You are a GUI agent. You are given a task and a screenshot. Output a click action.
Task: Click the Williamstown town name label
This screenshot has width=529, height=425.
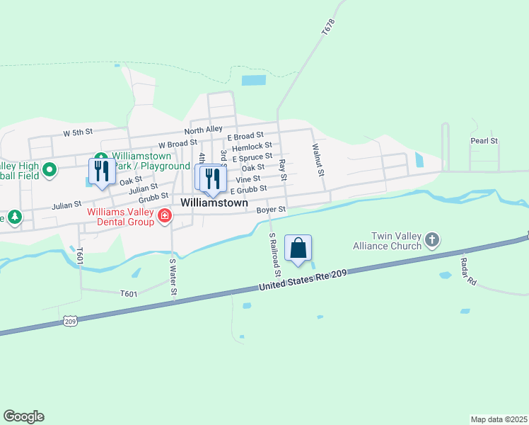pyautogui.click(x=214, y=203)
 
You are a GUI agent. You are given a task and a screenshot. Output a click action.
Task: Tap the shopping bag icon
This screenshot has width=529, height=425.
pyautogui.click(x=298, y=249)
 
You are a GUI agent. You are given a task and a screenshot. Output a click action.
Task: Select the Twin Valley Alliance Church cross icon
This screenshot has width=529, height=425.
pyautogui.click(x=433, y=242)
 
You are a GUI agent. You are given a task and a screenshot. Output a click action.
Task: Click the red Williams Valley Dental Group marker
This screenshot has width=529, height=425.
pyautogui.click(x=165, y=215)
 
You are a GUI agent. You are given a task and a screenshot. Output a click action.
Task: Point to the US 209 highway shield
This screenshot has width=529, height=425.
pyautogui.click(x=69, y=321)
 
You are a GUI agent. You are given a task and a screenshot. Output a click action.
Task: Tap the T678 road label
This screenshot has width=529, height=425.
pyautogui.click(x=327, y=28)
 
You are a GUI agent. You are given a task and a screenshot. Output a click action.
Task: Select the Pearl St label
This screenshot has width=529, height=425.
pyautogui.click(x=484, y=141)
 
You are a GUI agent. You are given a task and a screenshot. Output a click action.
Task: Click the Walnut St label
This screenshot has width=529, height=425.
pyautogui.click(x=319, y=159)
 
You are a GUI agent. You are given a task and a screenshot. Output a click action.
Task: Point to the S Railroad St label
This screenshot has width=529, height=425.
pyautogui.click(x=274, y=254)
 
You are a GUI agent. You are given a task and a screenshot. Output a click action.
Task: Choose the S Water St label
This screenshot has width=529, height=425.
pyautogui.click(x=173, y=277)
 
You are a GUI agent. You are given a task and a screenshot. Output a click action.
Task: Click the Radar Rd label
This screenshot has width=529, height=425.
pyautogui.click(x=469, y=269)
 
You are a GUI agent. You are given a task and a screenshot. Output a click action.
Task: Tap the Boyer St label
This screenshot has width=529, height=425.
pyautogui.click(x=271, y=210)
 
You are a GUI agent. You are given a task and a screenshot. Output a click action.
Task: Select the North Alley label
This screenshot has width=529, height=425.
pyautogui.click(x=204, y=130)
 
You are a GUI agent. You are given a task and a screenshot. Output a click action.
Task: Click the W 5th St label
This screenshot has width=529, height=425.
pyautogui.click(x=78, y=132)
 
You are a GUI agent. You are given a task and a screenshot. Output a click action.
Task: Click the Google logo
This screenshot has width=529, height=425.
pyautogui.click(x=23, y=416)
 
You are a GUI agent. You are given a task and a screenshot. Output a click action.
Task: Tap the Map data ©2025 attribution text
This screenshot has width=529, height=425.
pyautogui.click(x=499, y=419)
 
